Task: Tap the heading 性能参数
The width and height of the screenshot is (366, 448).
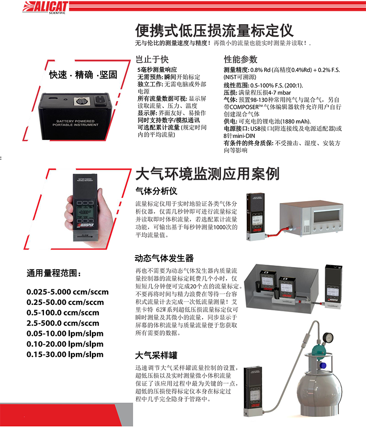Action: pos(240,59)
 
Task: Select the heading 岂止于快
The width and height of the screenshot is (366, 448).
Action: pos(153,59)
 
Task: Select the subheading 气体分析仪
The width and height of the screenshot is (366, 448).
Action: pos(156,190)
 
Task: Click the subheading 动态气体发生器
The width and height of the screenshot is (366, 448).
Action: pos(164,258)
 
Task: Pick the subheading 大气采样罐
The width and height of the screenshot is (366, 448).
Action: pos(156,355)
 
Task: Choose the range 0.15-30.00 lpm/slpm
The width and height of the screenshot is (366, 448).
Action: pos(65,354)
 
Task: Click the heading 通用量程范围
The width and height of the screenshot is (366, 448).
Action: pos(54,274)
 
